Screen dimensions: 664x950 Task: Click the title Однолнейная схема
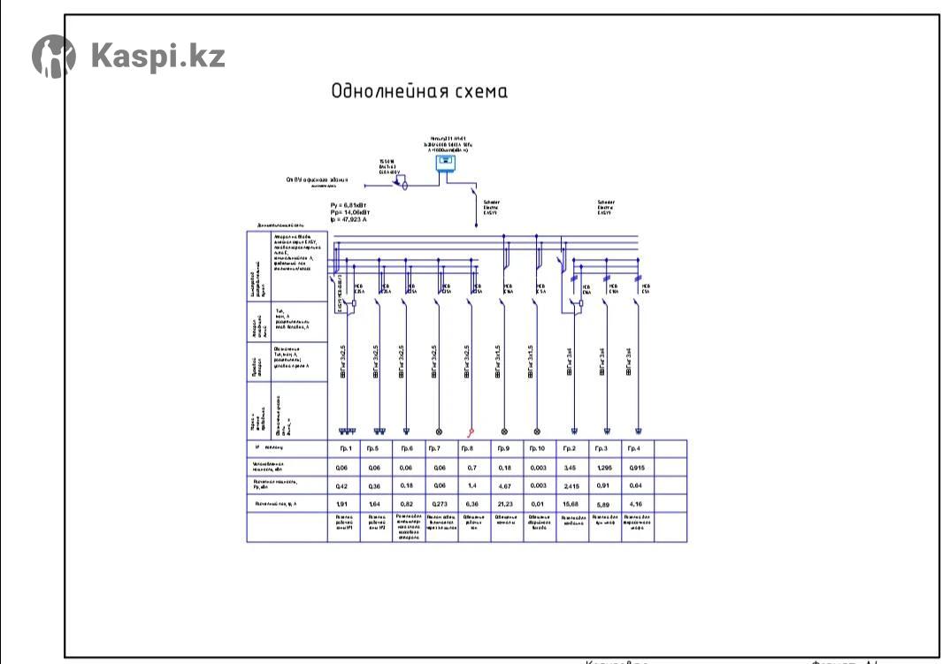[x=418, y=92]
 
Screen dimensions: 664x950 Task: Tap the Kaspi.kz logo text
[x=157, y=56]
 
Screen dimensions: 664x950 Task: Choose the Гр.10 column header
[x=539, y=449]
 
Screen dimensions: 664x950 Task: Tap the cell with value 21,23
[x=505, y=504]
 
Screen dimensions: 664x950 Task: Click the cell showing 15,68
[x=571, y=504]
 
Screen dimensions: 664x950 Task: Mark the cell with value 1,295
[x=604, y=465]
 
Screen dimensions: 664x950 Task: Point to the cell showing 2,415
[x=571, y=485]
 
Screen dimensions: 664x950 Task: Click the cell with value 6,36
[x=471, y=504]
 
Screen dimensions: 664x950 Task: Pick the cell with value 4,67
[x=505, y=485]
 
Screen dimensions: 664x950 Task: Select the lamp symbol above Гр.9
[x=505, y=432]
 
